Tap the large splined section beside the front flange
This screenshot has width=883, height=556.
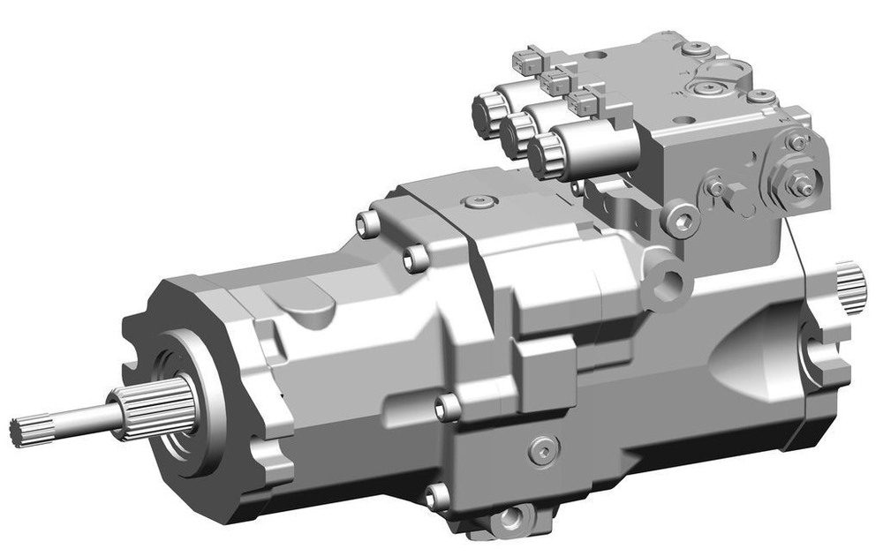click(164, 407)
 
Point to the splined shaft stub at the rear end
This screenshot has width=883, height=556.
click(852, 287)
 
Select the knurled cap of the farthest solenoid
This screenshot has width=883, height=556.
click(488, 115)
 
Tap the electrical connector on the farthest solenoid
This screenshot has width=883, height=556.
click(526, 60)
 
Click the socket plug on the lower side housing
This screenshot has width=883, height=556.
click(543, 451)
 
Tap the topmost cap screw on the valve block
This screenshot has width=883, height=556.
click(698, 48)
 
